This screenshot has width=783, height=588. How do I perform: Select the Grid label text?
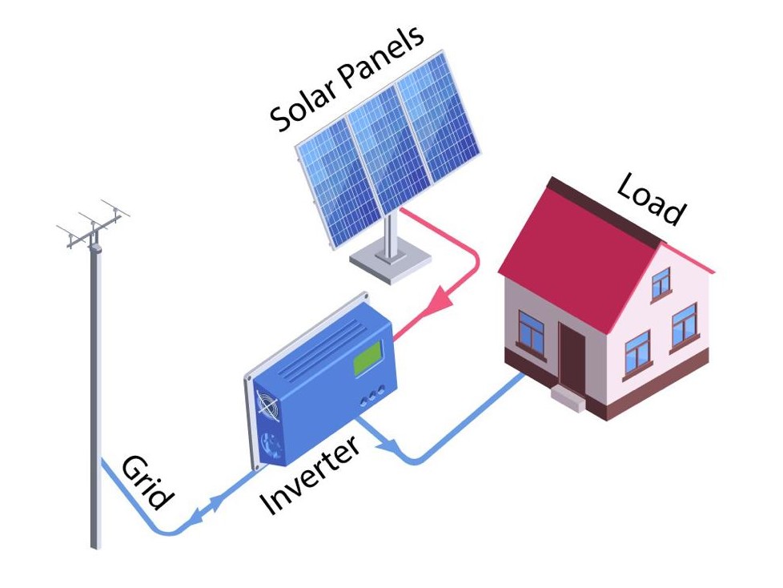[147, 482]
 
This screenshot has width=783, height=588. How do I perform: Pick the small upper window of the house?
[661, 283]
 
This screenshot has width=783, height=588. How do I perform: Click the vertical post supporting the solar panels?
[391, 232]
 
